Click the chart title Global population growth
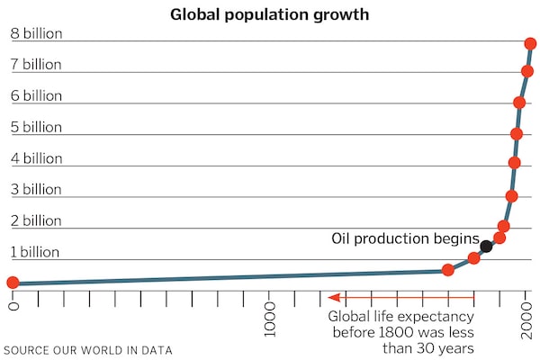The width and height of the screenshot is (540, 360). [x=270, y=14]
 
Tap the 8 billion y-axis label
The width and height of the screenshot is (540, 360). [x=37, y=33]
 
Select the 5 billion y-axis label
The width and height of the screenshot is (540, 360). [x=37, y=127]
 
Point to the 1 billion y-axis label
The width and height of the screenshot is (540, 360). [x=37, y=252]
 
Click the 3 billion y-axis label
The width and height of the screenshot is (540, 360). [x=37, y=190]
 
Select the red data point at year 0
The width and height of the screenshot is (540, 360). [x=13, y=283]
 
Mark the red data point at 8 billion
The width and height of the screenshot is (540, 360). [x=531, y=43]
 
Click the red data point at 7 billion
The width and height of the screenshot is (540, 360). [x=527, y=71]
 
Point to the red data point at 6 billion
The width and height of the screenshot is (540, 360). [x=519, y=103]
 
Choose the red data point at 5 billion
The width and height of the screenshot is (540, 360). [x=517, y=134]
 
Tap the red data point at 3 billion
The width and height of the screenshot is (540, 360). [x=511, y=196]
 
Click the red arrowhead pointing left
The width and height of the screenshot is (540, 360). [x=333, y=296]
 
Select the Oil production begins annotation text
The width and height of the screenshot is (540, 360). [x=405, y=238]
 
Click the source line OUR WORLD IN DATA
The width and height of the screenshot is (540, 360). [x=87, y=349]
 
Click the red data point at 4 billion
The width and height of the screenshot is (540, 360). [x=514, y=163]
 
